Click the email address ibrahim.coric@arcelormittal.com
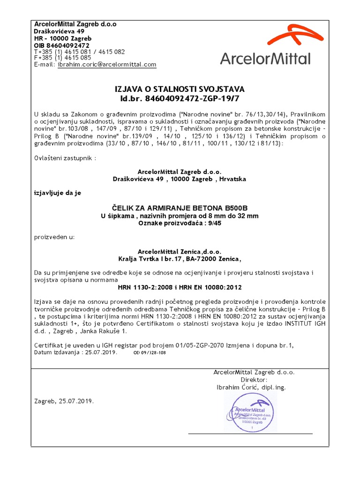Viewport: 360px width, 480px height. pyautogui.click(x=107, y=65)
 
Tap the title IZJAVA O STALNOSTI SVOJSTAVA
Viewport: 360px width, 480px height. pyautogui.click(x=180, y=89)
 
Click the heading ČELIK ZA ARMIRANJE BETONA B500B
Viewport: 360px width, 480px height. pyautogui.click(x=180, y=208)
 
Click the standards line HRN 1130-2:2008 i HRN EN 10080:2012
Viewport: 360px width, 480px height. pyautogui.click(x=180, y=287)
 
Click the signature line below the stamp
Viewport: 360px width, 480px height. pyautogui.click(x=250, y=434)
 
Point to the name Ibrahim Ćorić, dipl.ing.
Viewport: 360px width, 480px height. pyautogui.click(x=251, y=388)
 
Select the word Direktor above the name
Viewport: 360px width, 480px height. pyautogui.click(x=254, y=380)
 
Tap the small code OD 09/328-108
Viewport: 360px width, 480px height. pyautogui.click(x=150, y=352)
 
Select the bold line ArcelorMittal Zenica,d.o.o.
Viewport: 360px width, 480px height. pyautogui.click(x=180, y=252)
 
